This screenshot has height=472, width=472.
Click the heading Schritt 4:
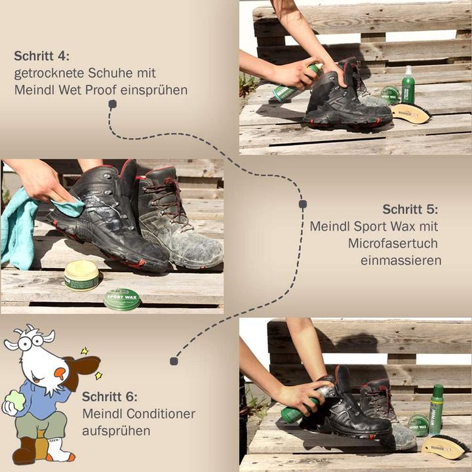(41, 56)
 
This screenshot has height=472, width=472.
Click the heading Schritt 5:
(410, 209)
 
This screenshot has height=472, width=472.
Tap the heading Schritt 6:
(109, 397)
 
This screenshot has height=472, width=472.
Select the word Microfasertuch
(393, 243)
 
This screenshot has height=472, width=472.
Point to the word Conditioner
(161, 414)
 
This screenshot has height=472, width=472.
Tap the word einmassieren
(401, 260)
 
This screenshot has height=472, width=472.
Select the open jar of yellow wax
(81, 275)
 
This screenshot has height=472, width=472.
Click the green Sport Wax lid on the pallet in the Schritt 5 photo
(122, 299)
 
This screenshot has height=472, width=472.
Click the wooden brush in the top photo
(410, 113)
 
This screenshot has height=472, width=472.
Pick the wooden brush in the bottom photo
(445, 446)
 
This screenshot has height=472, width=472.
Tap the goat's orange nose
(60, 374)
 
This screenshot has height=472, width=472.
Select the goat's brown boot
(25, 450)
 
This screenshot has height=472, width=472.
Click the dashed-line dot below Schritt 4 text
(113, 104)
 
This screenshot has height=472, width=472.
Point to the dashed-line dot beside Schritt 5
(303, 205)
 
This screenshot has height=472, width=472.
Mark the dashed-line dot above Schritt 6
(174, 361)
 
